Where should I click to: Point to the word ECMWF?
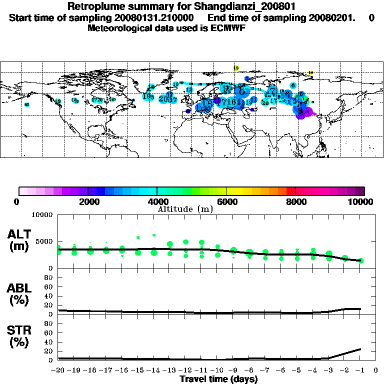228,28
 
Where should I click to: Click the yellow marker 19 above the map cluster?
236,68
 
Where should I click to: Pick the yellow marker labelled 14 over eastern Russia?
310,73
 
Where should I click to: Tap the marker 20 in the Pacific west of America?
27,104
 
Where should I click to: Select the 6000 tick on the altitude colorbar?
226,201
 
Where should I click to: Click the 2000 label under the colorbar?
87,201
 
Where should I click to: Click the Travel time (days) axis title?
219,379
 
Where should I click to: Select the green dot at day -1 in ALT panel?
361,260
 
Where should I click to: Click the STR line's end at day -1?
360,349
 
